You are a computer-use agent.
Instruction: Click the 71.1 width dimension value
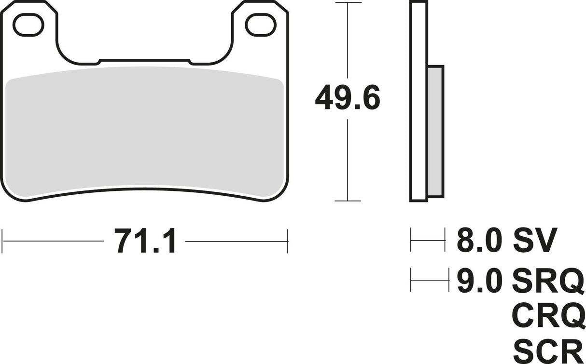pos(145,241)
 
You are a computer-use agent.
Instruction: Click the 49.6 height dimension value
pos(348,99)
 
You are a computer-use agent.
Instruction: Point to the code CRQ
pos(547,316)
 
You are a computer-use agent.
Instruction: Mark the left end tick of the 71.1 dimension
pos(3,241)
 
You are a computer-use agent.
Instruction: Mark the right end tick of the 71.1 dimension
pos(288,241)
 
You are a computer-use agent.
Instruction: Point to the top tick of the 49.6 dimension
pos(348,3)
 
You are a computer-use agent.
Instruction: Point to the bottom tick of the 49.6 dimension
pos(348,201)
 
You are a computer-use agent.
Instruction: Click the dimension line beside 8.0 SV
pos(428,240)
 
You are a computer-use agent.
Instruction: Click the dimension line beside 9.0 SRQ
pos(428,280)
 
